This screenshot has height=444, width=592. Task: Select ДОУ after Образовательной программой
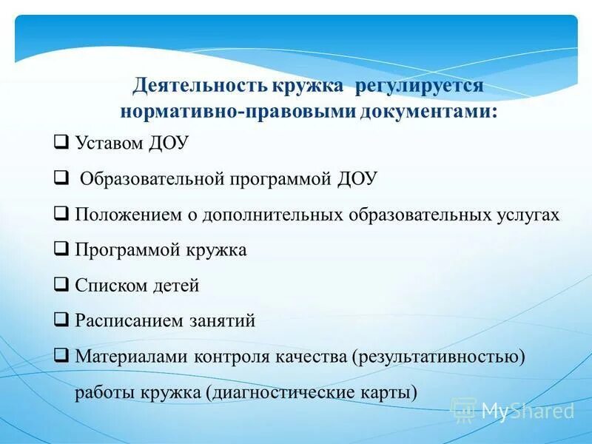coord(357,179)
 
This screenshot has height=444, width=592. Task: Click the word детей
coord(175,286)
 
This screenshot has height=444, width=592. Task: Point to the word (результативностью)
coord(438,357)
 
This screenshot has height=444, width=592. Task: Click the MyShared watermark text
coord(528,411)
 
